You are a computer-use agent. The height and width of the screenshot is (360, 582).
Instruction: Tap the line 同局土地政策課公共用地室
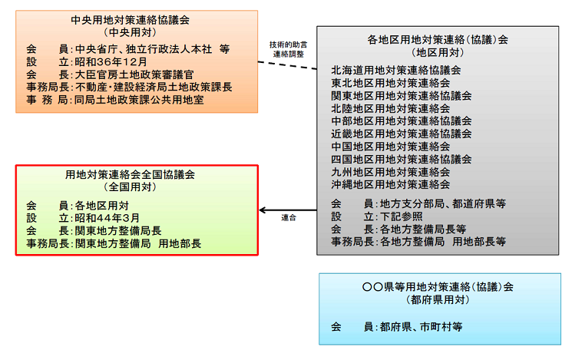[x=140, y=101]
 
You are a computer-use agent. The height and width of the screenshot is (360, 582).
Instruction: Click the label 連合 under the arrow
[x=288, y=218]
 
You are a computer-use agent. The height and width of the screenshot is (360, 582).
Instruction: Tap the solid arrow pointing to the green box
[x=288, y=209]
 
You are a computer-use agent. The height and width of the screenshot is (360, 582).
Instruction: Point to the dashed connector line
[x=288, y=65]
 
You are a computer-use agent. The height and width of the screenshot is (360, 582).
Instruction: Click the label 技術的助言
[x=288, y=45]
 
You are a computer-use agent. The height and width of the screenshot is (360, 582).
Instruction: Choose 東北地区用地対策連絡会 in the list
[x=391, y=82]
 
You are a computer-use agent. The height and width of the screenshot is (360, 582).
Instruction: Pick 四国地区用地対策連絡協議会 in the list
[x=402, y=160]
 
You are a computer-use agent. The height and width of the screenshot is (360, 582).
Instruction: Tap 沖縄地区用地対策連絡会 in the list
[x=391, y=184]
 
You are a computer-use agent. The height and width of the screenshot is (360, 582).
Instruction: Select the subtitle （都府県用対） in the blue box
[x=439, y=300]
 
